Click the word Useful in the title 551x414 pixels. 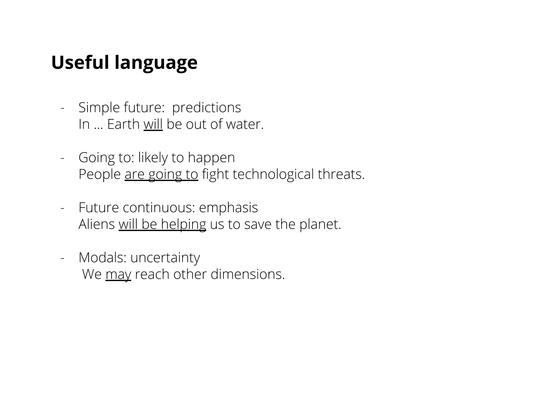(x=80, y=62)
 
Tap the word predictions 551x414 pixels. (x=206, y=108)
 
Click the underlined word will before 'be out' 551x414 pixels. (x=153, y=124)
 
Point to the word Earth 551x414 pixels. (x=123, y=124)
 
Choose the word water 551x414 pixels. (x=245, y=125)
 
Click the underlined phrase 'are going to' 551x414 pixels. (x=162, y=175)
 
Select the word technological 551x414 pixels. (x=273, y=175)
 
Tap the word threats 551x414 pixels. (x=341, y=175)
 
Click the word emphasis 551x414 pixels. (x=228, y=208)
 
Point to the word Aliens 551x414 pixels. (x=97, y=224)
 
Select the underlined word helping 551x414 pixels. (x=184, y=225)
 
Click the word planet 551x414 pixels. (x=320, y=225)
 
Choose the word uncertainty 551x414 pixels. (x=165, y=258)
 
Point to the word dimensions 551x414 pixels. (x=248, y=274)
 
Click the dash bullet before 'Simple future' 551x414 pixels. (x=63, y=108)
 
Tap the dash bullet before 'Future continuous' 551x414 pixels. (x=63, y=208)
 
